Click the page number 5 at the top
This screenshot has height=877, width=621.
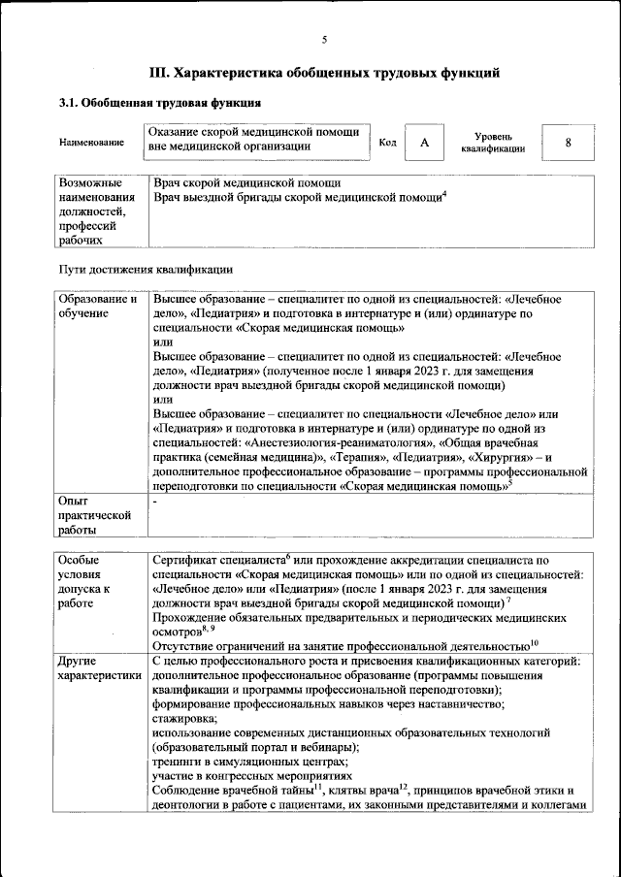pos(324,39)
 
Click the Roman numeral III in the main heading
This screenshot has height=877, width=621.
pos(159,72)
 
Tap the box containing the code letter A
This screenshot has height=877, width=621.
pos(424,143)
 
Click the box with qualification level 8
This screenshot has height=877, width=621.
pos(567,143)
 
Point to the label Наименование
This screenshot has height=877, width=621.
pos(91,143)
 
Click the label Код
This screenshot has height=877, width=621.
pos(387,143)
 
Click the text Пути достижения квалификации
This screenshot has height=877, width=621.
pos(146,268)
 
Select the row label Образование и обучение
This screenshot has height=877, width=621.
pos(97,308)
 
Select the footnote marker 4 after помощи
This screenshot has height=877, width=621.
pos(443,194)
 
